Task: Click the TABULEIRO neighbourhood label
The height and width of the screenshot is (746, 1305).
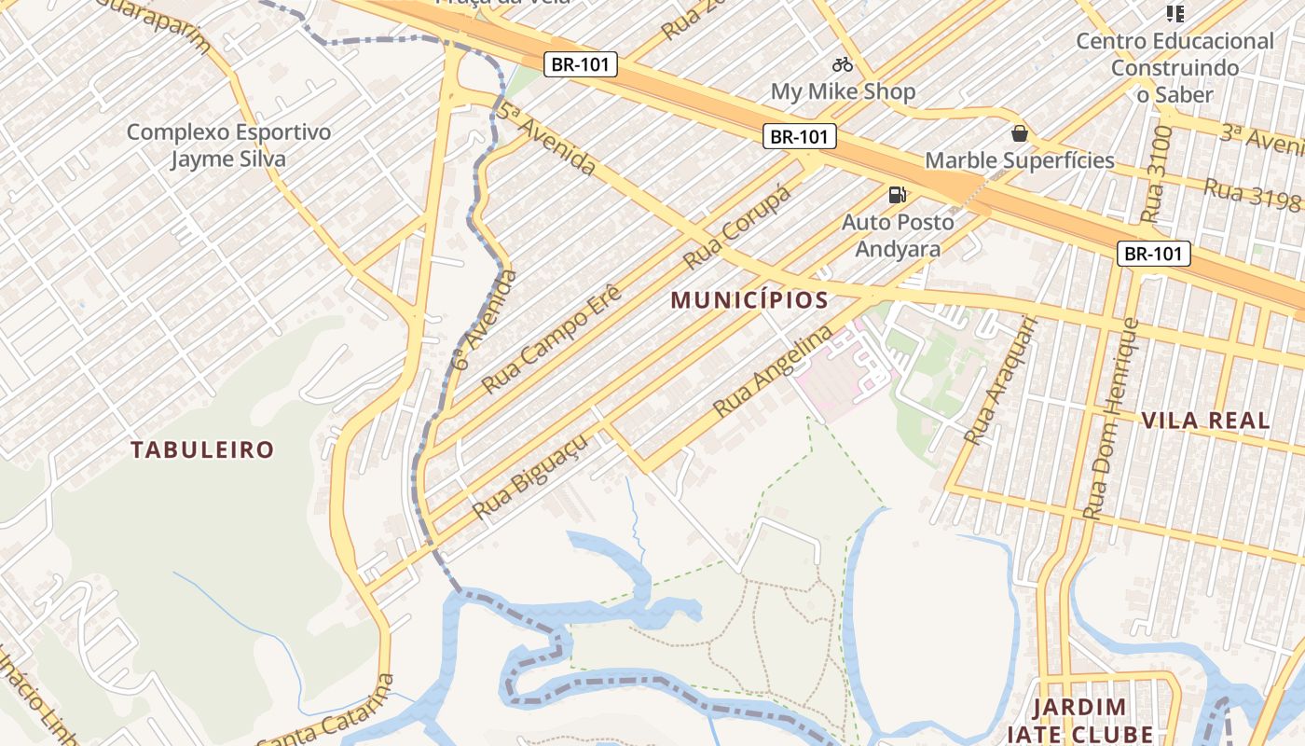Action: pos(202,450)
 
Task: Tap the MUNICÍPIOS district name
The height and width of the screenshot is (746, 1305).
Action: pos(749,300)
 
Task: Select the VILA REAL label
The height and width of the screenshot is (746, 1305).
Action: pos(1206,420)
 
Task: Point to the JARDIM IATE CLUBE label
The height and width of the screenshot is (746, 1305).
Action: pos(1080,720)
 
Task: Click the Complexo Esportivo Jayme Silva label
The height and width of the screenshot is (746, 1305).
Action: pos(228,145)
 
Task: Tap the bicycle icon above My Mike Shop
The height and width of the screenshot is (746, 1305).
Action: pos(843,64)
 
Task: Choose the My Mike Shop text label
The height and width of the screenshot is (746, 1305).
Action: pos(843,91)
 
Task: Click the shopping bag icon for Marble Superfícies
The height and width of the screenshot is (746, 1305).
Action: pos(1020,133)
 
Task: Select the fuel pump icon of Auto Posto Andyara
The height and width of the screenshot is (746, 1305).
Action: pos(897,195)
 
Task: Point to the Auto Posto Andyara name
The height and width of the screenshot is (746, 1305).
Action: pos(899,236)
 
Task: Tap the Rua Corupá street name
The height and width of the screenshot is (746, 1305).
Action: pos(737,226)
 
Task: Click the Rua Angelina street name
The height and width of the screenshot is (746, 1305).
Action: pos(773,371)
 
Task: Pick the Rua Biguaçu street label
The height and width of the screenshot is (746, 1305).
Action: pos(519,481)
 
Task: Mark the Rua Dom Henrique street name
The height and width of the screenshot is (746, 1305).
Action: pos(1110,420)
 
